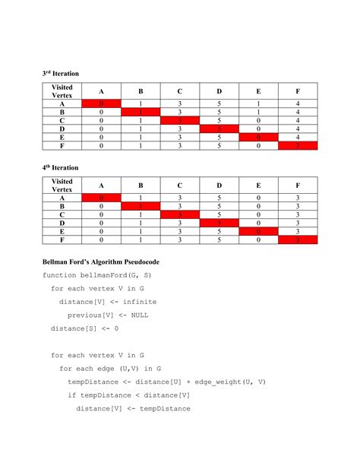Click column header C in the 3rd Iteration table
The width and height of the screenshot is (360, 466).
click(x=180, y=91)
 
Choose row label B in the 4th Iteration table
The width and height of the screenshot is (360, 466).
click(x=61, y=205)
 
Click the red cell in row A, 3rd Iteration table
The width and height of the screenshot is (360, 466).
click(x=102, y=103)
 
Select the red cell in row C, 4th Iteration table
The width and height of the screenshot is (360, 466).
click(x=180, y=214)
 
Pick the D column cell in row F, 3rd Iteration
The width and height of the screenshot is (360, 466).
click(x=220, y=146)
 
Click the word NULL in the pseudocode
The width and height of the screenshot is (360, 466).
click(x=134, y=315)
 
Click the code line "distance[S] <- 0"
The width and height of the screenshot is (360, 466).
click(x=84, y=328)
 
